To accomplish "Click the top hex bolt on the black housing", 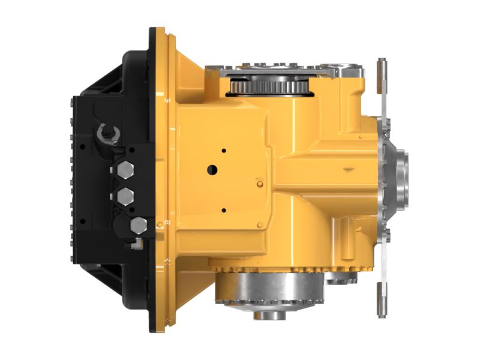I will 126,170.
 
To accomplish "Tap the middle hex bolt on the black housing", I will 126,196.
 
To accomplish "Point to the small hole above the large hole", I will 223,150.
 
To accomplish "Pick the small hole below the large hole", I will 223,210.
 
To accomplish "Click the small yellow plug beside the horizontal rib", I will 259,182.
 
